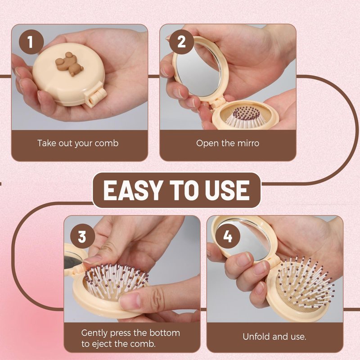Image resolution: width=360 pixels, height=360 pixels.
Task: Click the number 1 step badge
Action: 31,42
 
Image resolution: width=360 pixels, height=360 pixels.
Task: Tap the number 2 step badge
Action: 181,42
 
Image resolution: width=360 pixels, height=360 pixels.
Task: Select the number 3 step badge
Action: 82,236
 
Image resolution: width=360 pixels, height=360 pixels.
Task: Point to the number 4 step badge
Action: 228,236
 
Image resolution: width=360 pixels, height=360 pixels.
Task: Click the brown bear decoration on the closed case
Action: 69,64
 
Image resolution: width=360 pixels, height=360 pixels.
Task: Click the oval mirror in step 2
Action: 198,70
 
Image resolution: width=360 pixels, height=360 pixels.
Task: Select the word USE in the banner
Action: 227,190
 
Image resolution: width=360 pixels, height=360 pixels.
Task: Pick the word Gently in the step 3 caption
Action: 94,333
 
